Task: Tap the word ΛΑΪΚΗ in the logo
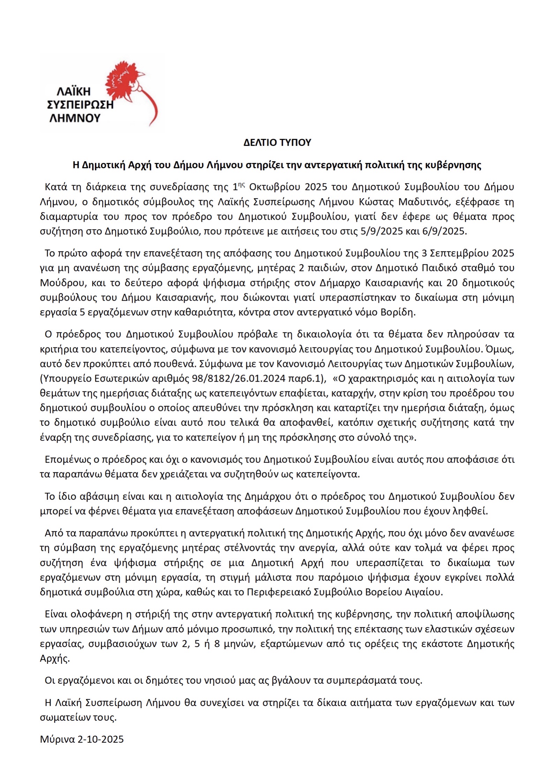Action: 73,92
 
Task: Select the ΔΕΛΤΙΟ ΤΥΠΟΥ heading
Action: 277,142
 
